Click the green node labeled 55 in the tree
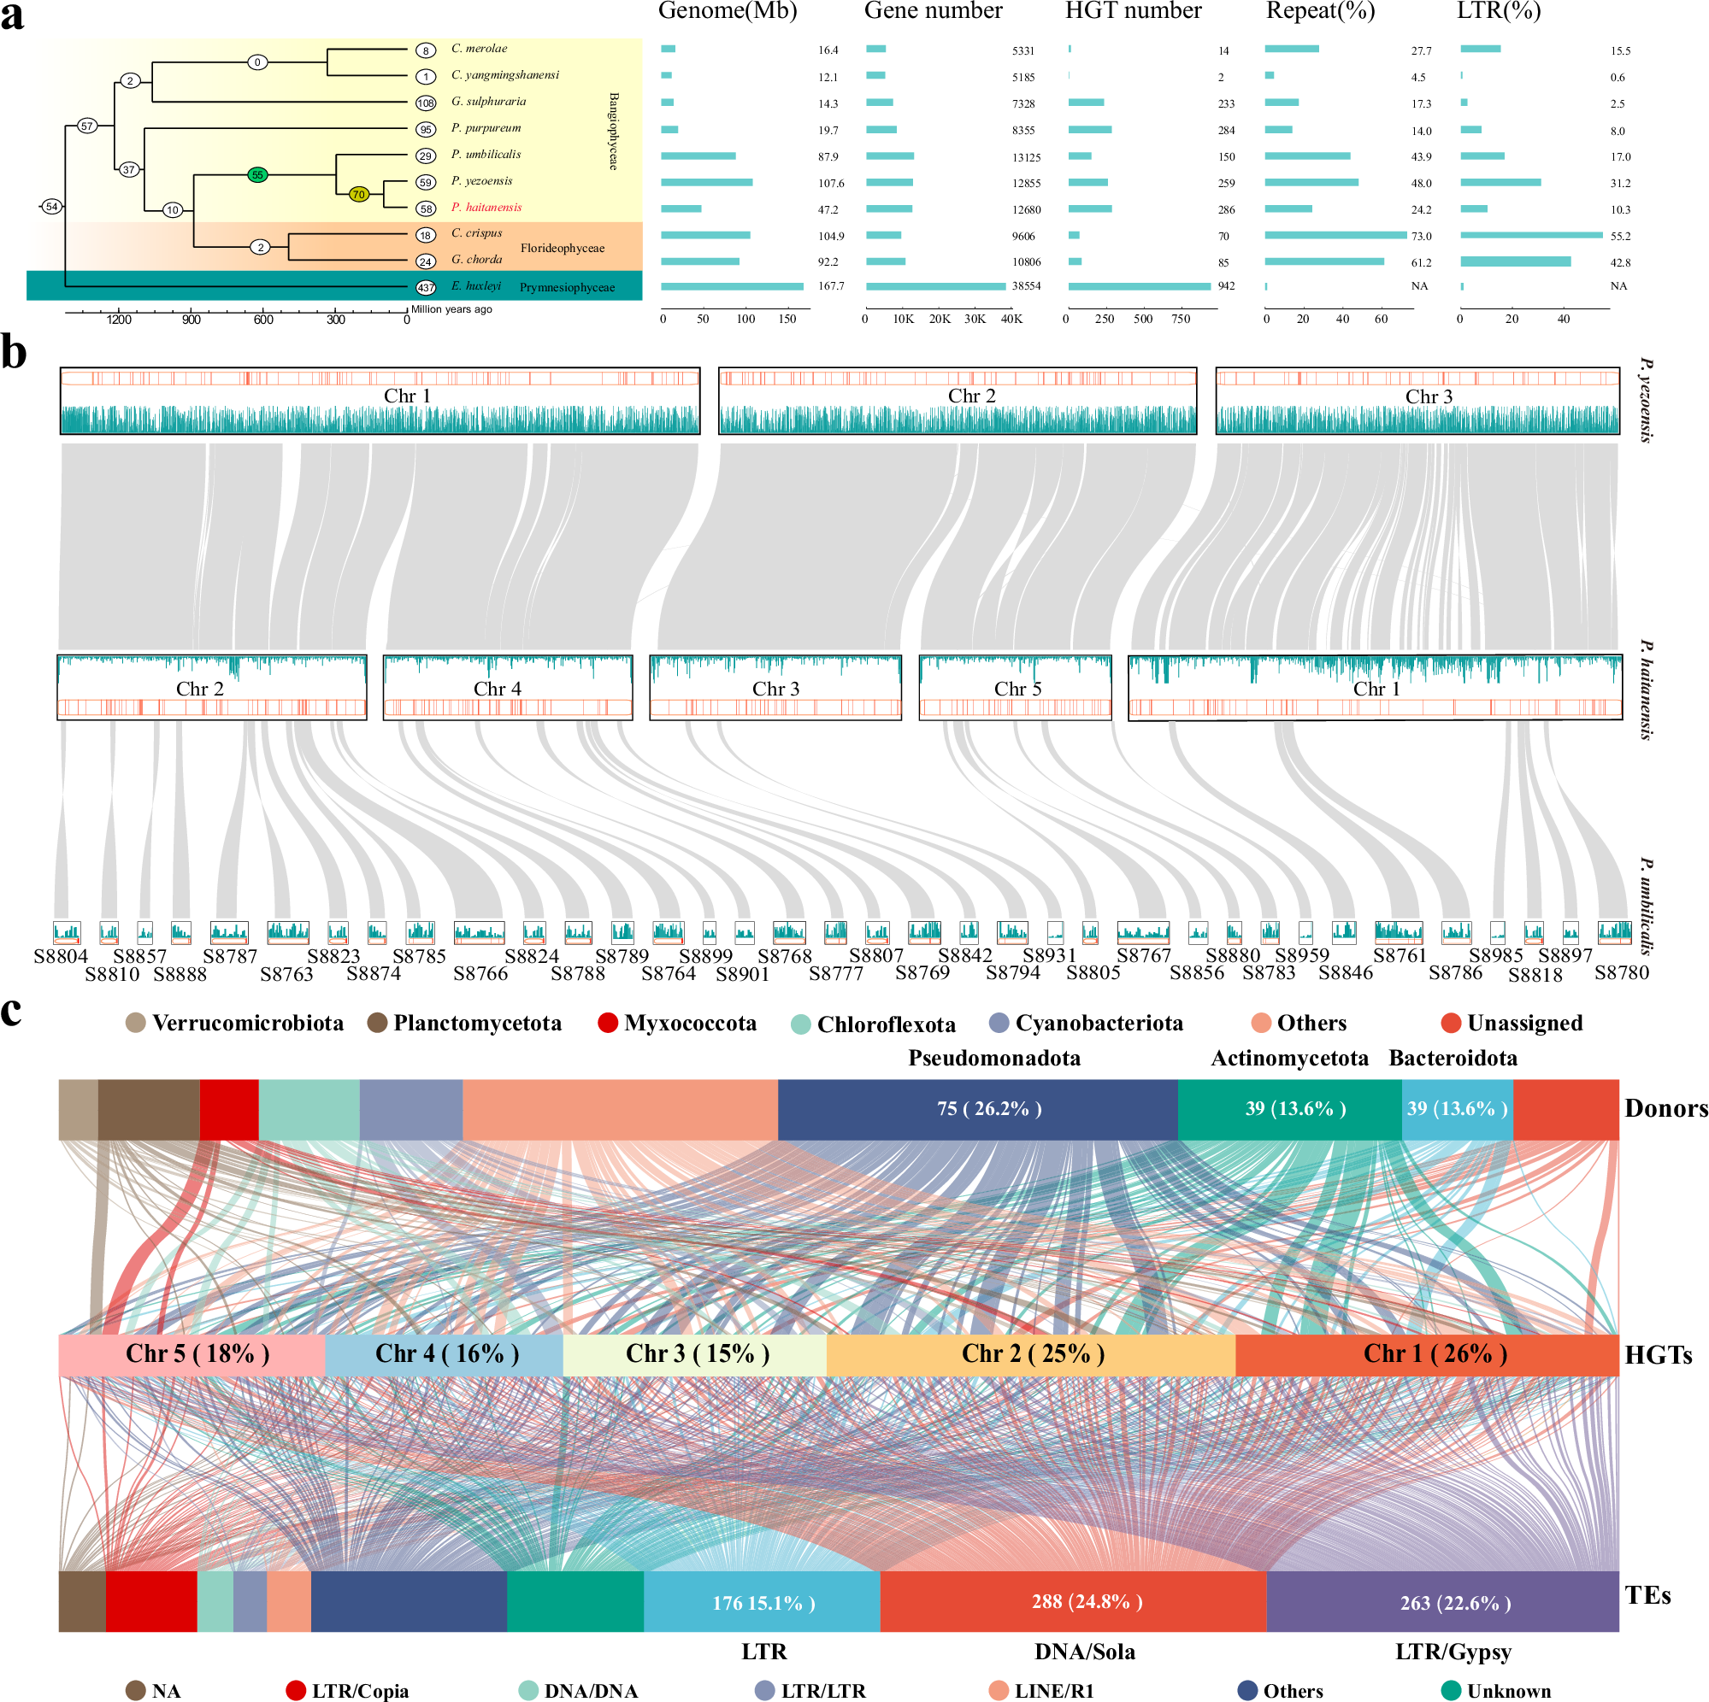[x=257, y=175]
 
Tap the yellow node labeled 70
[x=358, y=195]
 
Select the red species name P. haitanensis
[x=486, y=207]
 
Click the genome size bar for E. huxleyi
[x=732, y=286]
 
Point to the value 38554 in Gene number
[x=1026, y=286]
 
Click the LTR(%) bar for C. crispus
[x=1530, y=235]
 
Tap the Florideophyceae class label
[x=562, y=248]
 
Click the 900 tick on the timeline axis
[x=191, y=320]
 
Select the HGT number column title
[x=1132, y=10]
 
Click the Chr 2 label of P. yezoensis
[x=971, y=396]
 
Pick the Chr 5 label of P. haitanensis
[x=1017, y=689]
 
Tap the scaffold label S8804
[x=61, y=956]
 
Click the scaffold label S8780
[x=1622, y=972]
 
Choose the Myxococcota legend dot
[x=608, y=1023]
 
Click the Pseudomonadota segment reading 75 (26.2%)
[x=988, y=1109]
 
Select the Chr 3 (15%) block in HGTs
[x=696, y=1353]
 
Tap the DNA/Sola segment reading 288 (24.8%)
[x=1087, y=1601]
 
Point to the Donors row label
[x=1664, y=1109]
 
